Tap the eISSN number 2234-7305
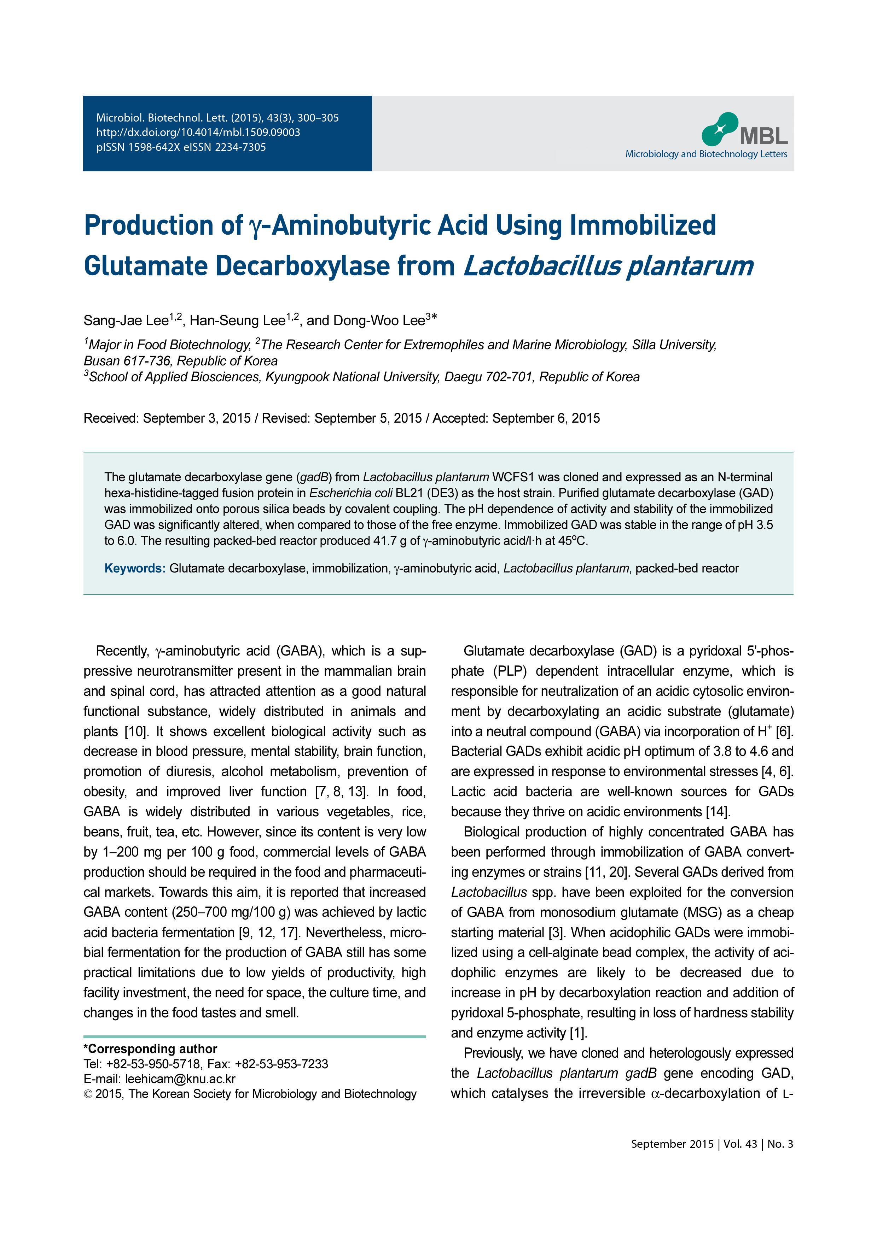240,147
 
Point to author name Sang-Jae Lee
126,321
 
